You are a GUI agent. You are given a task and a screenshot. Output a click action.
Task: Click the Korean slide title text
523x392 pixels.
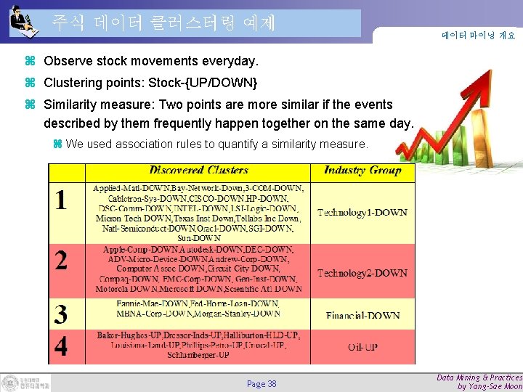coord(163,23)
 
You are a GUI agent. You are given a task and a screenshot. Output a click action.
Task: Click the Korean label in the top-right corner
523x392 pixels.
coord(478,35)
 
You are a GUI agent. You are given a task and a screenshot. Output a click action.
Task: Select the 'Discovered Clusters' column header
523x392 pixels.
coord(198,171)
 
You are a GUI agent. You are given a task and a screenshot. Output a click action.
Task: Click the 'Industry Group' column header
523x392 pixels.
coord(362,171)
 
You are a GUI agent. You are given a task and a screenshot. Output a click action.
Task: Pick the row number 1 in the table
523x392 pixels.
coord(62,200)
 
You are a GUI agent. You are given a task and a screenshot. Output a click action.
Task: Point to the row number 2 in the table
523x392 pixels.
coord(62,261)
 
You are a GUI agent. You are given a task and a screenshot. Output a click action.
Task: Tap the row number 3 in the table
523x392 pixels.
coord(62,314)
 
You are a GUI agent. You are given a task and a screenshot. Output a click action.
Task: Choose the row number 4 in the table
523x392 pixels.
coord(62,346)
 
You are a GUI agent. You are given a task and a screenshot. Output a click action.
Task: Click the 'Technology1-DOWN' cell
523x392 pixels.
coord(362,213)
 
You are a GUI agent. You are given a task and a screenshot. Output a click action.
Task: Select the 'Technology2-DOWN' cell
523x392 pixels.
coord(362,273)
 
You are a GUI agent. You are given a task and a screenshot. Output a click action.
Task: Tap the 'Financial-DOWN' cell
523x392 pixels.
coord(362,316)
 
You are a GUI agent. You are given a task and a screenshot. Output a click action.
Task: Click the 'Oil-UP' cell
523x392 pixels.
coord(362,347)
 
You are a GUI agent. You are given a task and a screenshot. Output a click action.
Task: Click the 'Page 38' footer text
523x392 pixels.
coord(261,383)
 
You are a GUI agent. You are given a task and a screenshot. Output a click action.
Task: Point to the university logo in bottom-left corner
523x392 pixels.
coord(25,383)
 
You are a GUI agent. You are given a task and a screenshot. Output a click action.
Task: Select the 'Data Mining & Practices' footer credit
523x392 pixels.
coord(479,377)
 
